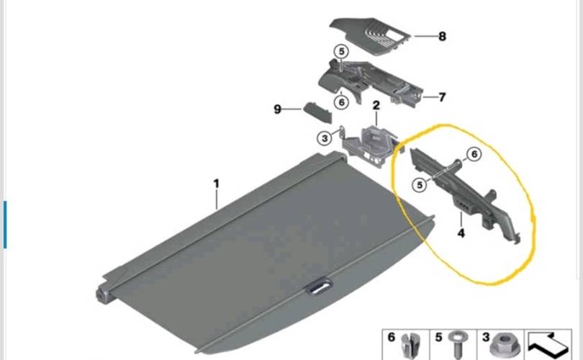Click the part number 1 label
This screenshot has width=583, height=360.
(x=217, y=184)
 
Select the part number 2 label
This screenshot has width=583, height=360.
(x=376, y=106)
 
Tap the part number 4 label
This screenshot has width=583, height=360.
(x=461, y=233)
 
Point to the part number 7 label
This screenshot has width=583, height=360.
(x=442, y=97)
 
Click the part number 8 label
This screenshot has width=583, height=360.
(x=442, y=37)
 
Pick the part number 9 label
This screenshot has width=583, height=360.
(x=277, y=109)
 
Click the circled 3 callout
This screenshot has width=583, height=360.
(x=325, y=138)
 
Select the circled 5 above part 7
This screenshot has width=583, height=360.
(x=341, y=51)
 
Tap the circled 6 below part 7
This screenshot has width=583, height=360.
(x=341, y=102)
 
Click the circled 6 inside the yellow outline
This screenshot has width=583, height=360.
(x=474, y=154)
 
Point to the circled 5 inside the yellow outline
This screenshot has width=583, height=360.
(x=420, y=185)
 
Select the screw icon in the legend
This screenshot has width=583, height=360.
(x=456, y=345)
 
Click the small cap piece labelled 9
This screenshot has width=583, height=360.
(x=317, y=113)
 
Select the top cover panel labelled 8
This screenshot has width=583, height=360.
(x=369, y=36)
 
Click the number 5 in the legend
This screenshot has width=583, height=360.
(x=439, y=337)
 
